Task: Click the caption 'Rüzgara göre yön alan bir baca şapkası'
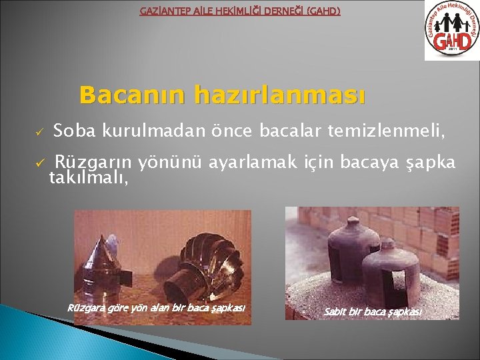click(x=156, y=307)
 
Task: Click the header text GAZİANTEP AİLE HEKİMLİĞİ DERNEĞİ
click(x=239, y=11)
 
